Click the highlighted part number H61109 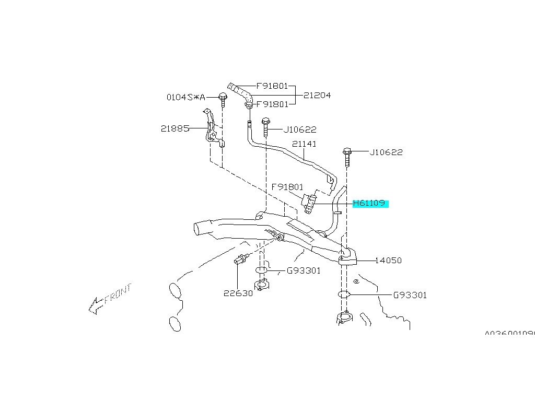point(370,203)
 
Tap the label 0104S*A point(185,97)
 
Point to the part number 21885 point(175,128)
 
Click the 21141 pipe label point(304,144)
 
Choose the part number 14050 point(388,260)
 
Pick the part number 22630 point(238,293)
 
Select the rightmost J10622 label point(386,152)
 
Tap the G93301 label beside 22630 point(304,270)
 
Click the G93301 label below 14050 point(410,295)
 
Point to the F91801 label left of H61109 point(287,186)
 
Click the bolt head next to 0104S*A point(223,97)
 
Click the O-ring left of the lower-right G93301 point(343,294)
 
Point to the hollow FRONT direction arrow point(96,305)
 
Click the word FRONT point(119,294)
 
